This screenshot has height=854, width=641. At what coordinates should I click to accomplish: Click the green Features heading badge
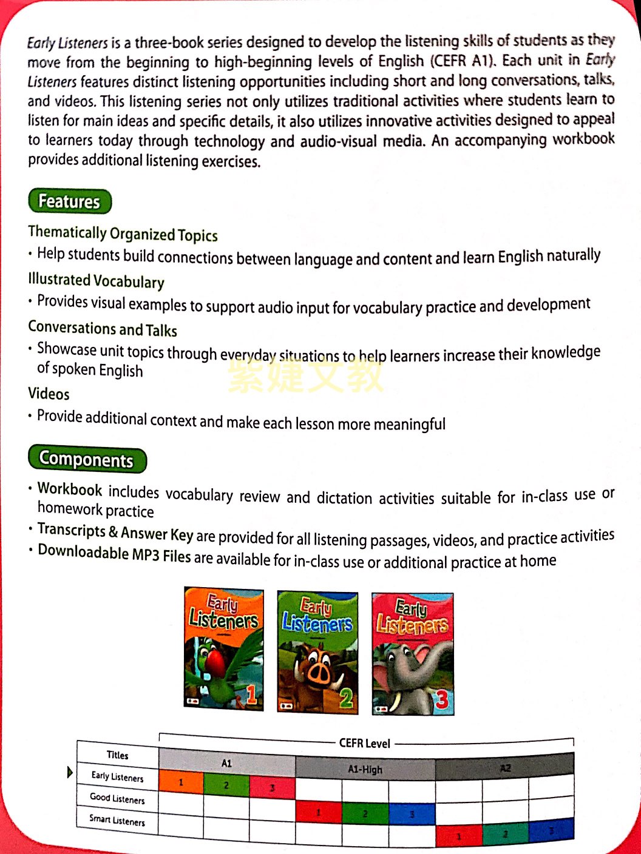tap(70, 201)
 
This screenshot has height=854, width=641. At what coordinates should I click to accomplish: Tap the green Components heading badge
tap(87, 460)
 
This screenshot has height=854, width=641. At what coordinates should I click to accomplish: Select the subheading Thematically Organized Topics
tap(123, 234)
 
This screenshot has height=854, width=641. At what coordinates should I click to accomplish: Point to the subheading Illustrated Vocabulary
tap(96, 280)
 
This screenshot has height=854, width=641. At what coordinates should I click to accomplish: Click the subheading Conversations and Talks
tap(103, 329)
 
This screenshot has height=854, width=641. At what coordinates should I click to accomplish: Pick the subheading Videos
tap(49, 394)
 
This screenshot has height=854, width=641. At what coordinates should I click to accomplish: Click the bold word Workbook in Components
tap(70, 489)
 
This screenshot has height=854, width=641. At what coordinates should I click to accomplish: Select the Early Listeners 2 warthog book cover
tap(317, 651)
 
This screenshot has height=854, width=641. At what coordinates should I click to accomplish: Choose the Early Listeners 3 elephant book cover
tap(413, 654)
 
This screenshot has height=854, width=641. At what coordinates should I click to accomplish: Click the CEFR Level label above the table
tap(365, 743)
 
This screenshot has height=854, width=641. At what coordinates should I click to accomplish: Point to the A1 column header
tap(226, 763)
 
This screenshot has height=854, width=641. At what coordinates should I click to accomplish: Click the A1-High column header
tap(365, 769)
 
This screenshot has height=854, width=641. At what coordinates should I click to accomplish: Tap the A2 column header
tap(505, 768)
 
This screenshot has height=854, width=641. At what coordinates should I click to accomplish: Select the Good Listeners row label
tap(117, 798)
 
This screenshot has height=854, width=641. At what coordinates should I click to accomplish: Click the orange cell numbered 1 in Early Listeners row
tap(181, 782)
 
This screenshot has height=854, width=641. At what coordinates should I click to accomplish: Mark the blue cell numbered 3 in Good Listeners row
tap(412, 814)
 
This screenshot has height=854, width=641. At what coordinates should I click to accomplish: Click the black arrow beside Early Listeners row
tap(70, 772)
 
